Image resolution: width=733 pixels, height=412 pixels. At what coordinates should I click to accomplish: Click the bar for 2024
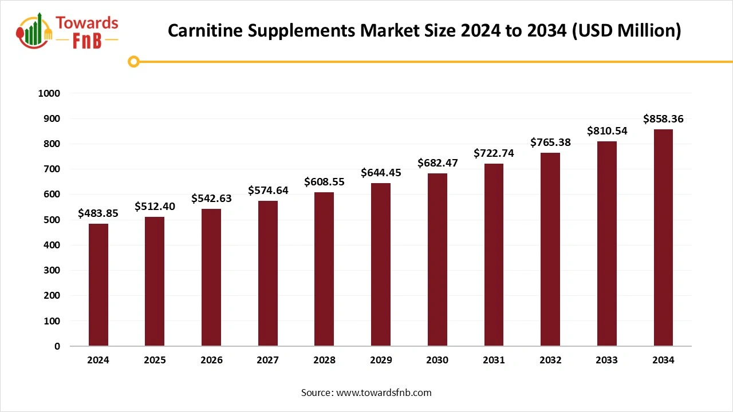98,284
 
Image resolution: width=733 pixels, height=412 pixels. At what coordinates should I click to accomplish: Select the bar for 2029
381,264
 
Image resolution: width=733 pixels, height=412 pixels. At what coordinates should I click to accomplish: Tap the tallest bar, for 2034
663,237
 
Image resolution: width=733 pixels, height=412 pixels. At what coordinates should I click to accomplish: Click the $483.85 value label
98,214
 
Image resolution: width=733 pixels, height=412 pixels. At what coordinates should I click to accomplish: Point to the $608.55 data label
324,182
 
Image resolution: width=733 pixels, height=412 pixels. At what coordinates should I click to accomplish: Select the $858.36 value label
663,120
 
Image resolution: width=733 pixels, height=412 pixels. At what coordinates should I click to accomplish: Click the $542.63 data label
211,199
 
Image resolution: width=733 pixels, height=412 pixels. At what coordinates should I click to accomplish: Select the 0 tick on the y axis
57,346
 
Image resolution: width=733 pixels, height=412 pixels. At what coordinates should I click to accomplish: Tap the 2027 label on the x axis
267,360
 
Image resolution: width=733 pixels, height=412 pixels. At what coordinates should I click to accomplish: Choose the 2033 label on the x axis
606,360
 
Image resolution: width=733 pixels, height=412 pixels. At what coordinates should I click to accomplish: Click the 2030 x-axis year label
437,360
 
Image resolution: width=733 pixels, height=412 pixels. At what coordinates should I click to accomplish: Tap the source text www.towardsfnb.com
383,393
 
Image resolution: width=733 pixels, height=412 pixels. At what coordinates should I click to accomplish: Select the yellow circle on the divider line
134,62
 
